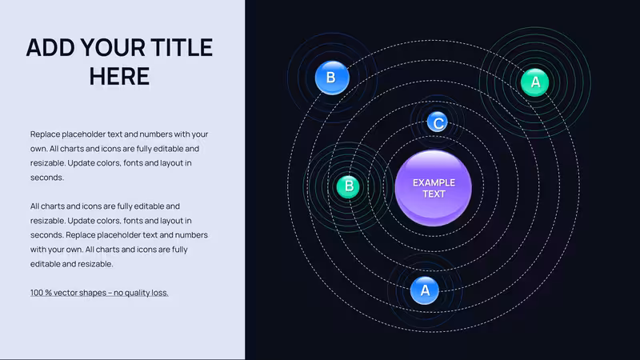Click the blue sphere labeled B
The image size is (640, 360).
coord(332,78)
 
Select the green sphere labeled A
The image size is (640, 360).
coord(534,82)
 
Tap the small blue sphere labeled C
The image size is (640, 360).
coord(437,122)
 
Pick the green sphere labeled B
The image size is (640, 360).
coord(348,186)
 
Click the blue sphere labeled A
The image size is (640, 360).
coord(425,290)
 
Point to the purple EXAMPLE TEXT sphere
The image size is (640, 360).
coord(433,188)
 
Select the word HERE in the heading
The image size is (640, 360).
coord(119,76)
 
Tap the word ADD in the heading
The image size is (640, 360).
coord(50,47)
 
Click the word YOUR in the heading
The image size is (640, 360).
coord(113,47)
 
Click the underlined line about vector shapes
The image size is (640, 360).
coord(99,293)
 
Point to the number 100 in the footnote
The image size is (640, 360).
coord(36,293)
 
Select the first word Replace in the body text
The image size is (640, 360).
coord(45,134)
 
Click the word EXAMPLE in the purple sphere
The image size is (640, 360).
coord(434,183)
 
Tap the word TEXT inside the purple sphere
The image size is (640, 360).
coord(434,194)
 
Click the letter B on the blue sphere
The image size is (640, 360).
coord(331,77)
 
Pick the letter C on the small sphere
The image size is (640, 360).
coord(438,123)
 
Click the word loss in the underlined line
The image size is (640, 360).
coord(160,293)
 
